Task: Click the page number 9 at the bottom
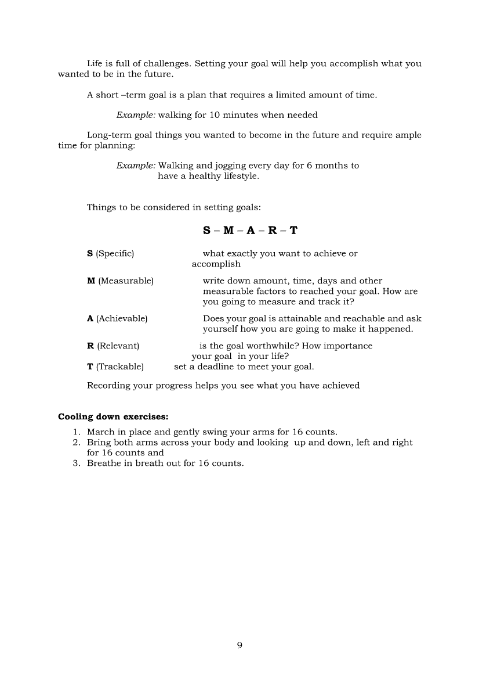(239, 645)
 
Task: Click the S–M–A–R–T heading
(251, 231)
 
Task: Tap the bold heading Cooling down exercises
(113, 416)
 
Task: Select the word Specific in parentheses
(115, 254)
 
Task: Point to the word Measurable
(126, 281)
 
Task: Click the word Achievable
(122, 319)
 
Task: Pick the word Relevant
(118, 346)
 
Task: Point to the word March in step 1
(100, 432)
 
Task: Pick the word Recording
(108, 386)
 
